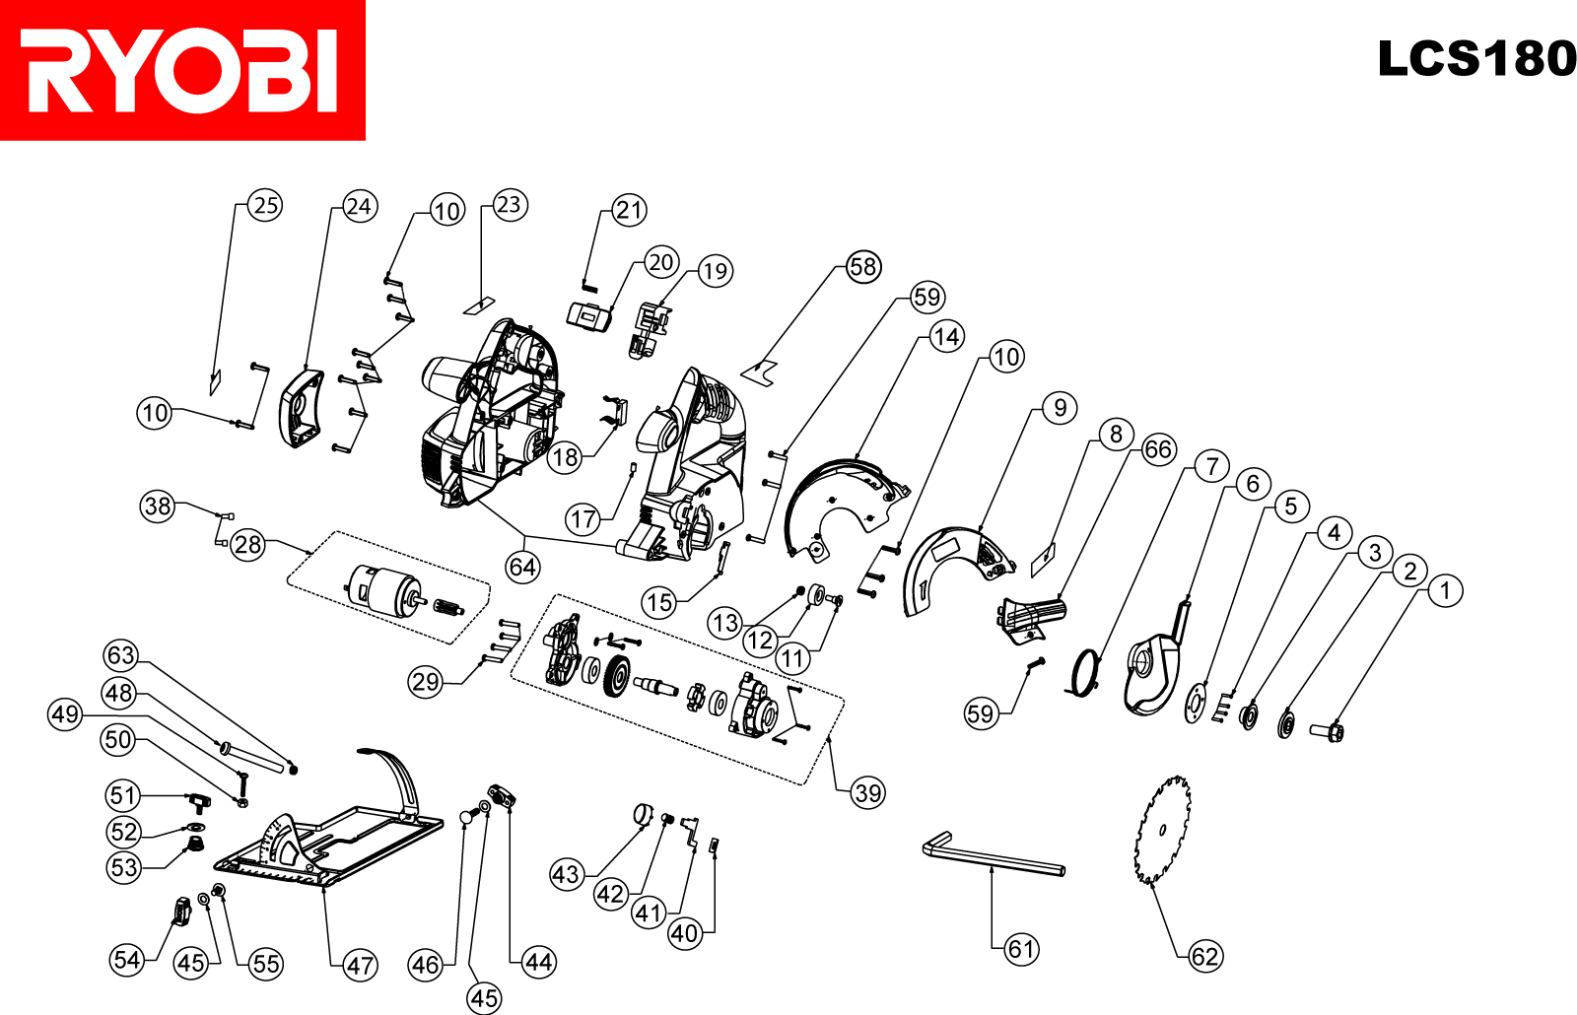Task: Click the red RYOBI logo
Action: pos(182,70)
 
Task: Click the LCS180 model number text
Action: pos(1475,59)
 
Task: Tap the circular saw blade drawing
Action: pos(1163,830)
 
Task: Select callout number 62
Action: pos(1204,955)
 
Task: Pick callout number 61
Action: pos(1021,949)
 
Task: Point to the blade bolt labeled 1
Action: pos(1328,731)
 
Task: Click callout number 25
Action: pos(265,205)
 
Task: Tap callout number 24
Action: pos(359,207)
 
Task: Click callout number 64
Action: pos(522,567)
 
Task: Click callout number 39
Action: pos(867,792)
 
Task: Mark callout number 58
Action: pos(863,266)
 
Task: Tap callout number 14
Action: pos(946,337)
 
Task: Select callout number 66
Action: pos(1158,450)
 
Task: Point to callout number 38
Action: pos(158,507)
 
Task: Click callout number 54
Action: pos(127,959)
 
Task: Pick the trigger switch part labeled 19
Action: pos(649,329)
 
